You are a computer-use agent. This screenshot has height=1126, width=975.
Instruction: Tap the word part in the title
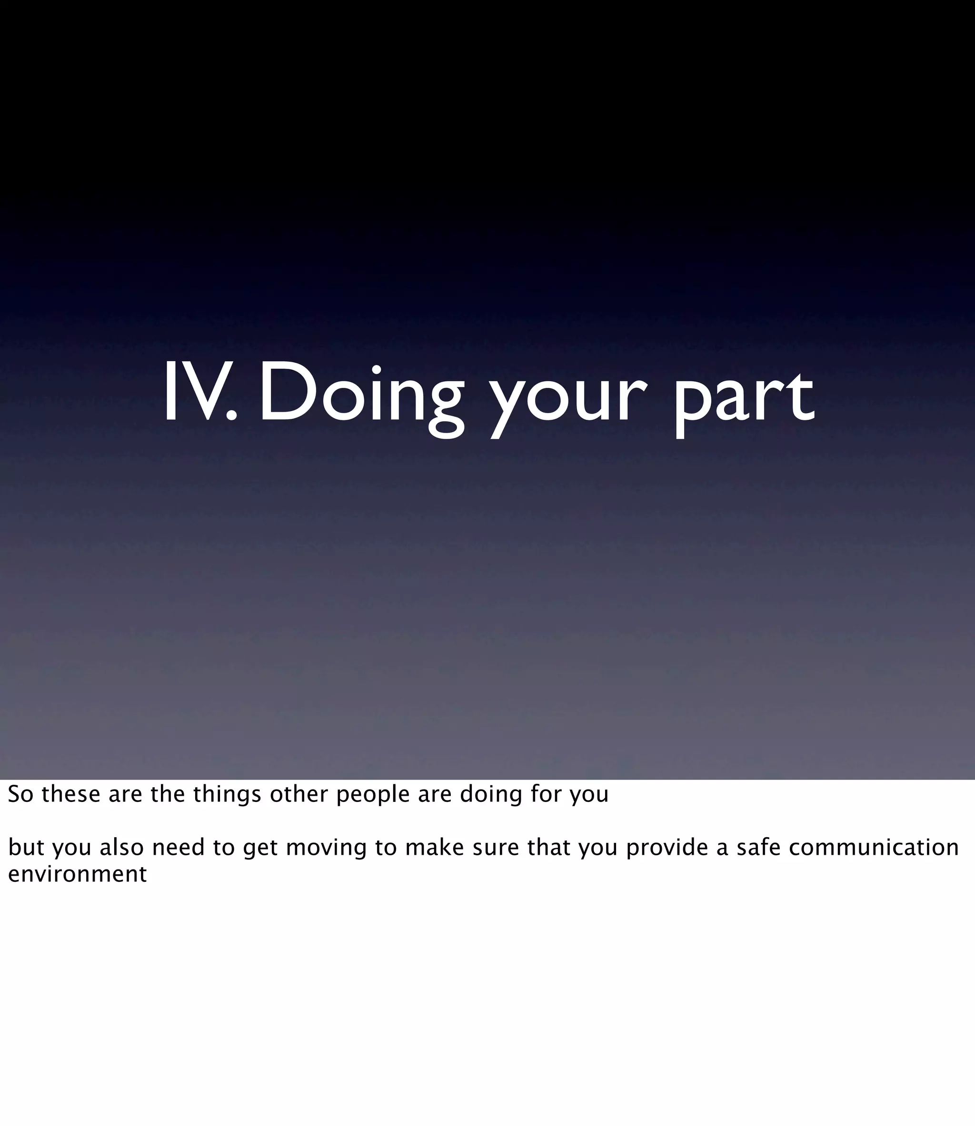[744, 400]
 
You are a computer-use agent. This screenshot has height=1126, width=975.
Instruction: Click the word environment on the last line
[77, 875]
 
